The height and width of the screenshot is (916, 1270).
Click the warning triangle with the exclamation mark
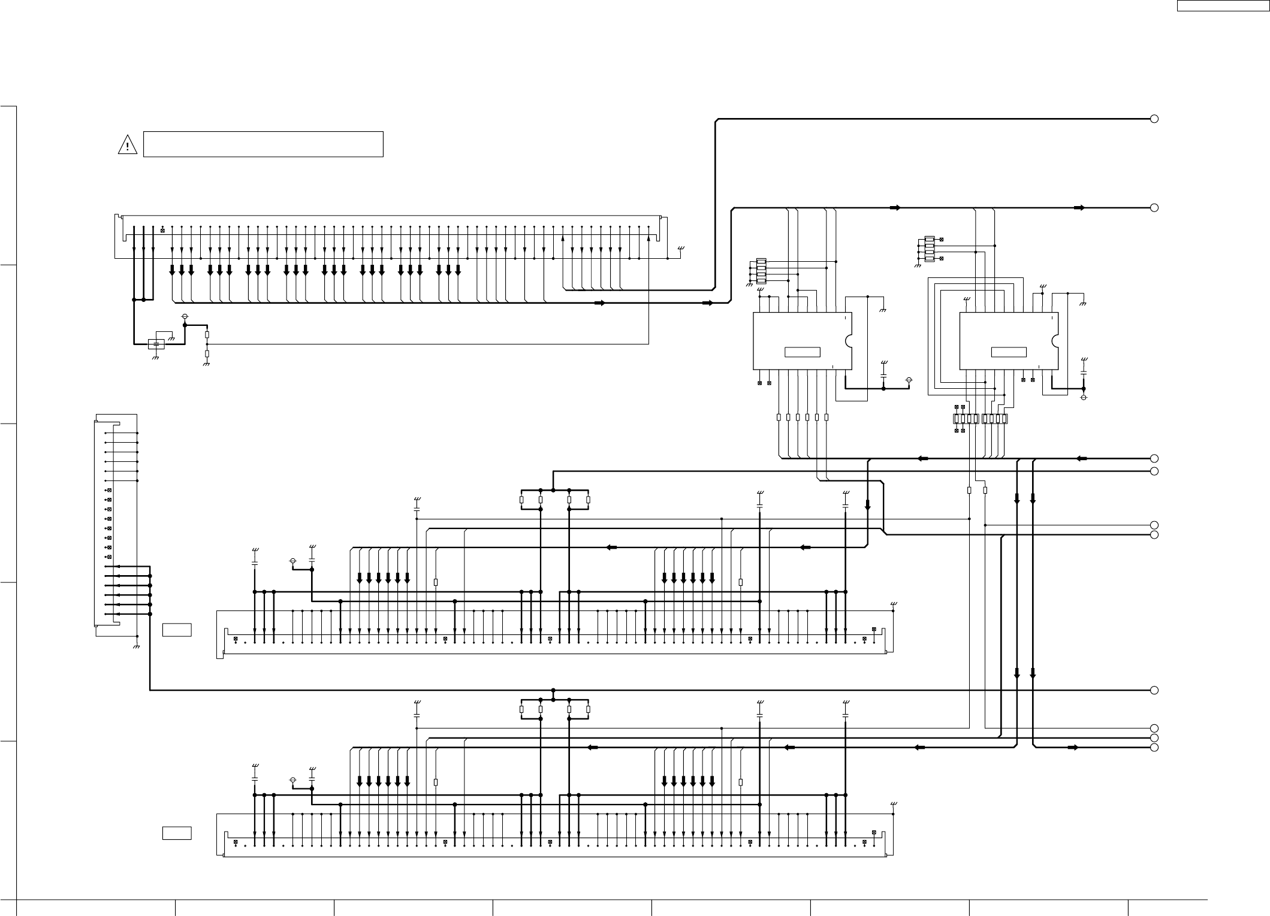point(127,145)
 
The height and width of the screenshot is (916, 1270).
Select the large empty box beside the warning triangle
point(263,144)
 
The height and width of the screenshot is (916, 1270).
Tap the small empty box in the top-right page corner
point(1221,6)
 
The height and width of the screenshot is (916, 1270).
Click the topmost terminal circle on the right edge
point(1154,119)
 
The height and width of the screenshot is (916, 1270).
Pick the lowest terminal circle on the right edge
point(1154,748)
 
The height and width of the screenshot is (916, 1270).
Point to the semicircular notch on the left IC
point(849,341)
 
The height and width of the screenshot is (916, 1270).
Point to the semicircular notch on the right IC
point(1055,341)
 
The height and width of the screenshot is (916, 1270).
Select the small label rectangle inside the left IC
point(803,352)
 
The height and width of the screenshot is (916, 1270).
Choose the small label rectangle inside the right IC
point(1009,352)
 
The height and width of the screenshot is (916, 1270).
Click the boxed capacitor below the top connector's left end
point(156,344)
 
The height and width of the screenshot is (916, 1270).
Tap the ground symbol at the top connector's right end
point(680,249)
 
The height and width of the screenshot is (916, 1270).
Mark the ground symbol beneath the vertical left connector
point(137,647)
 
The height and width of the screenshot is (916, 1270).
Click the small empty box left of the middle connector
point(177,630)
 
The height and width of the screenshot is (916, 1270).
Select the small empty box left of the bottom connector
point(177,833)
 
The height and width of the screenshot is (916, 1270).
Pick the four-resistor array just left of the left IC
point(761,271)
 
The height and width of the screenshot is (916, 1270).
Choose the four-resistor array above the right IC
point(930,249)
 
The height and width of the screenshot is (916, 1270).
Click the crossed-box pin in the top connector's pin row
point(162,230)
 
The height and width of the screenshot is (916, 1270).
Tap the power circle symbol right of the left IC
point(909,380)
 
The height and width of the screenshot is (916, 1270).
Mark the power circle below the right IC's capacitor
point(1084,397)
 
